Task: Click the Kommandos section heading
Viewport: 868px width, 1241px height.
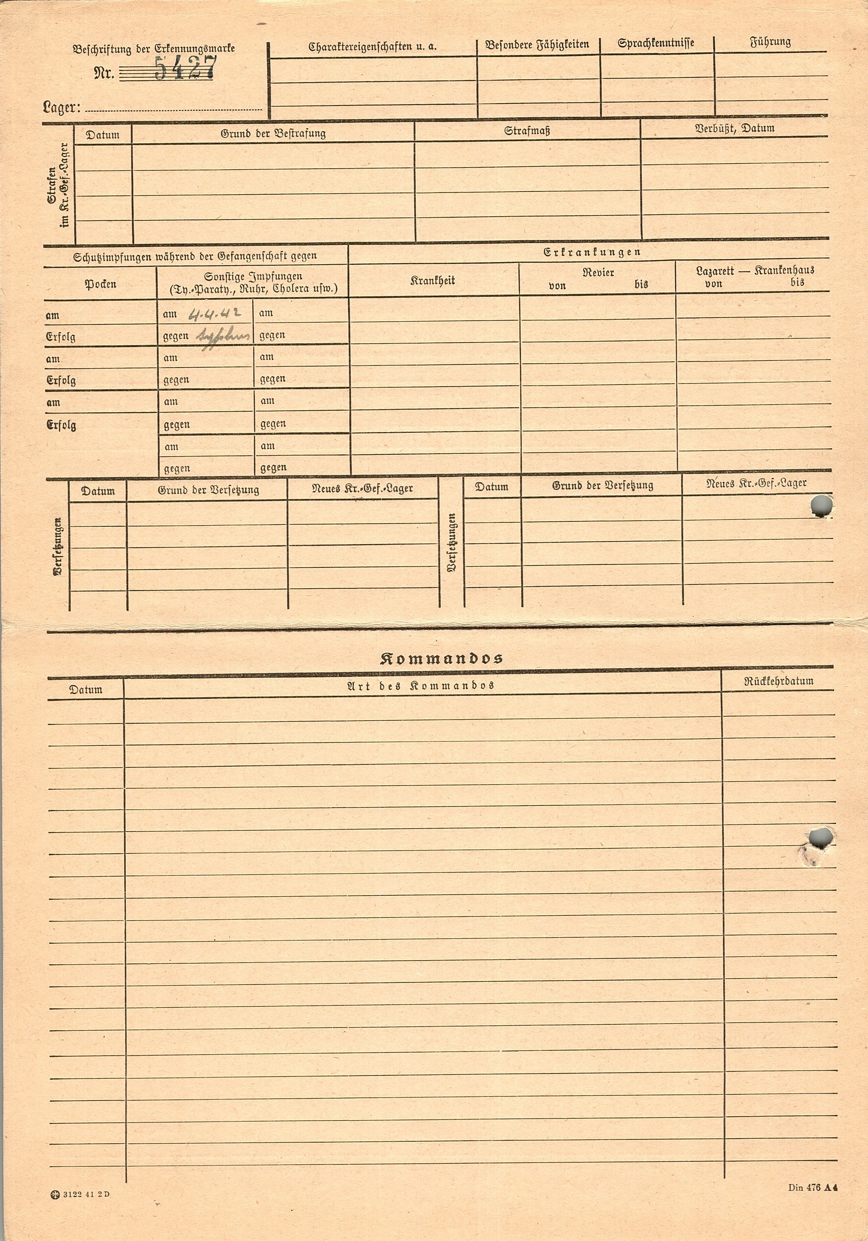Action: (441, 658)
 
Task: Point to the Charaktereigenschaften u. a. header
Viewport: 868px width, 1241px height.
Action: (372, 47)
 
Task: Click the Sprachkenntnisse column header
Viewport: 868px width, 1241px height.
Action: (656, 43)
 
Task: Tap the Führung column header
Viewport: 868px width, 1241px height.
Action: (770, 42)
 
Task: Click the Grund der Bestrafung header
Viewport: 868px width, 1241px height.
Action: (273, 133)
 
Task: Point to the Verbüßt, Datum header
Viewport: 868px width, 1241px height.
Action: (735, 128)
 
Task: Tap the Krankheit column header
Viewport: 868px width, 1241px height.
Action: (433, 280)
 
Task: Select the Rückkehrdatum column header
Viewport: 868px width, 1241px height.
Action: (778, 681)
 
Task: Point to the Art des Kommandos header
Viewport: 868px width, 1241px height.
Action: (420, 685)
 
